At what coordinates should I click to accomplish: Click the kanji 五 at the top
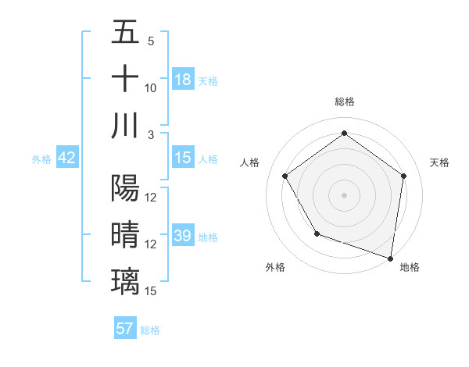pyautogui.click(x=125, y=33)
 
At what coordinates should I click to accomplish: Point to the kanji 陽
pyautogui.click(x=125, y=188)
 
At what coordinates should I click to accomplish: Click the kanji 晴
pyautogui.click(x=125, y=234)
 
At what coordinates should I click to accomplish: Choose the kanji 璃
pyautogui.click(x=125, y=280)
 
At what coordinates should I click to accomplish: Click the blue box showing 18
pyautogui.click(x=183, y=80)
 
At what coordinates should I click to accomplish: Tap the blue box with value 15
pyautogui.click(x=183, y=158)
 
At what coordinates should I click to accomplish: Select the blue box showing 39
pyautogui.click(x=183, y=236)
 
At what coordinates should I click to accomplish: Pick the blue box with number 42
pyautogui.click(x=67, y=158)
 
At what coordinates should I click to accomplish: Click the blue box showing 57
pyautogui.click(x=125, y=329)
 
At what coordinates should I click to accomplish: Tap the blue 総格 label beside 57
pyautogui.click(x=151, y=330)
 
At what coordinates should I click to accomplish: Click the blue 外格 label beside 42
pyautogui.click(x=41, y=159)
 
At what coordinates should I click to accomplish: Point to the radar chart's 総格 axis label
pyautogui.click(x=344, y=102)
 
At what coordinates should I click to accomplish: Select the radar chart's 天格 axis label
pyautogui.click(x=439, y=162)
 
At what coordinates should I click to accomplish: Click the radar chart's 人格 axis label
pyautogui.click(x=250, y=162)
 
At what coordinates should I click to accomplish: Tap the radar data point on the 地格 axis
pyautogui.click(x=391, y=258)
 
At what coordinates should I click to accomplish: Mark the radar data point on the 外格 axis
pyautogui.click(x=317, y=233)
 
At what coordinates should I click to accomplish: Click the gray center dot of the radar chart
pyautogui.click(x=344, y=194)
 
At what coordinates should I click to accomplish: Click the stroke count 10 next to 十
pyautogui.click(x=150, y=87)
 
